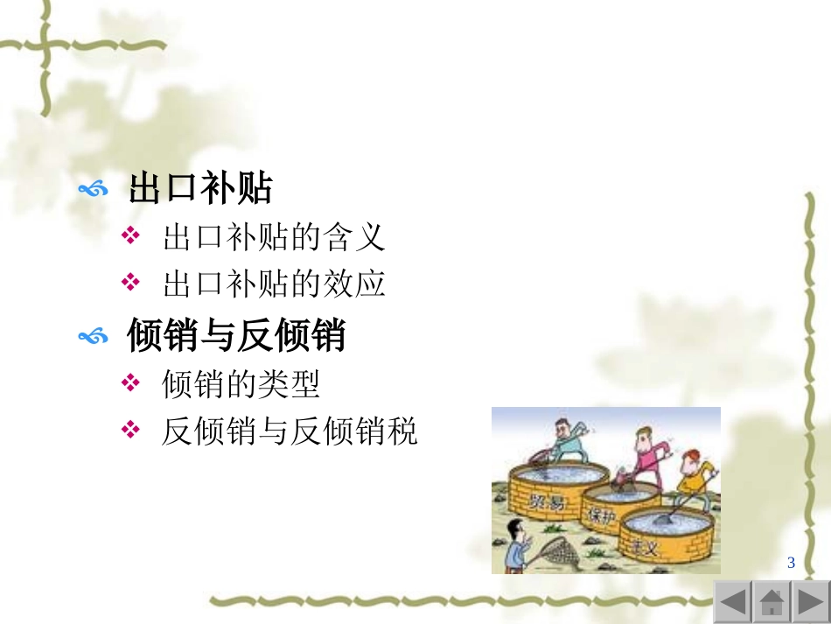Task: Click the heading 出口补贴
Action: (201, 189)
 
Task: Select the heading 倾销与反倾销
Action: (236, 336)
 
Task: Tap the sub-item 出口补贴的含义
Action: (274, 237)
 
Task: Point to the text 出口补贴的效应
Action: (274, 284)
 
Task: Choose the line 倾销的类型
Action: (241, 384)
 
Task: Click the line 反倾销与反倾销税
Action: (290, 431)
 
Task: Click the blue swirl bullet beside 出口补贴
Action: (93, 189)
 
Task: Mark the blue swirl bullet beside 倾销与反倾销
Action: (93, 337)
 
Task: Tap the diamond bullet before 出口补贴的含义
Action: (130, 237)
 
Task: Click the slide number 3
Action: (791, 563)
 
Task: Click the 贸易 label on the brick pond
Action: (546, 500)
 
